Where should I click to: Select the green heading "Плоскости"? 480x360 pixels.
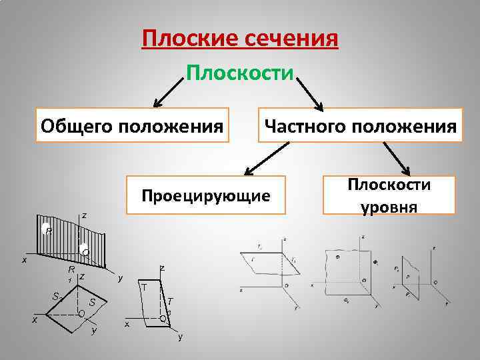(x=239, y=71)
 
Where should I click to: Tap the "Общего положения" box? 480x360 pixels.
(x=131, y=125)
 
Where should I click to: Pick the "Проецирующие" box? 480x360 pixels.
(x=205, y=195)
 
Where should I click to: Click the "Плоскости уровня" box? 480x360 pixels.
(x=389, y=195)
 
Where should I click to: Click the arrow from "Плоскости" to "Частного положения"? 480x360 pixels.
(x=308, y=93)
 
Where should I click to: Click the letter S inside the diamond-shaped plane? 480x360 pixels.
(x=92, y=303)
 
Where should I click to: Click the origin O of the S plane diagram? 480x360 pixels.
(x=81, y=313)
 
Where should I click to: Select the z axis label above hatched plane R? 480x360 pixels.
(x=84, y=215)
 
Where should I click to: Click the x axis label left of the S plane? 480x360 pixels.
(x=35, y=319)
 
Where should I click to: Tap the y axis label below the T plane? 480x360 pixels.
(x=179, y=337)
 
